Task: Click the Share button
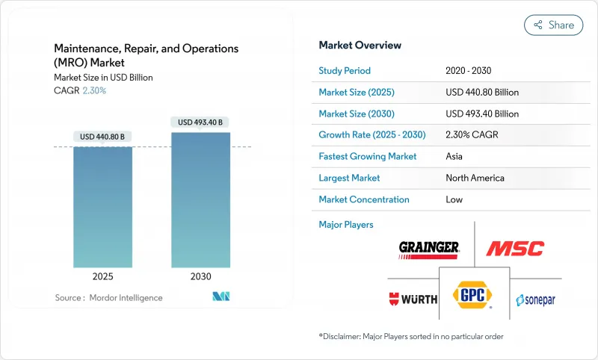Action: tap(554, 25)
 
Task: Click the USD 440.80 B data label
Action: tap(102, 136)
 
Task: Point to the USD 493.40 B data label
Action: tap(200, 122)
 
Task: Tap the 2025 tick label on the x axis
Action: tap(102, 276)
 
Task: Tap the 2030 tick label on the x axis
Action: tap(200, 276)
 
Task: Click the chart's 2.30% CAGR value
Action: tap(93, 90)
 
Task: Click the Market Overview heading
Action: tap(360, 46)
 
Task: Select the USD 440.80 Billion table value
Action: tap(482, 93)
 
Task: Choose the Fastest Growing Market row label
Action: tap(368, 157)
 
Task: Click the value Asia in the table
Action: tap(454, 157)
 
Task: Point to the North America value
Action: tap(475, 178)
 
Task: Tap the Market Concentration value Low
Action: tap(454, 199)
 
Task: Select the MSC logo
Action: tap(515, 247)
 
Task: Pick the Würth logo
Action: tap(412, 300)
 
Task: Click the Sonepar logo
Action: tap(535, 300)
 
